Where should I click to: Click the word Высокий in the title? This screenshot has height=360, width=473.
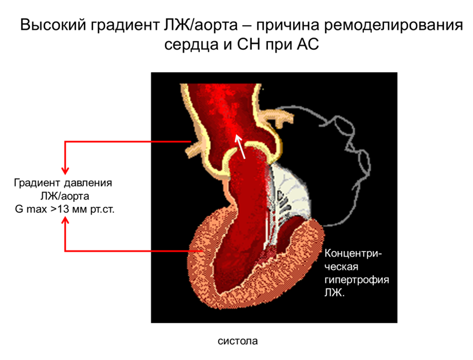click(x=53, y=25)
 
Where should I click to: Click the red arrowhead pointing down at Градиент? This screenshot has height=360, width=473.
click(x=65, y=169)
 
